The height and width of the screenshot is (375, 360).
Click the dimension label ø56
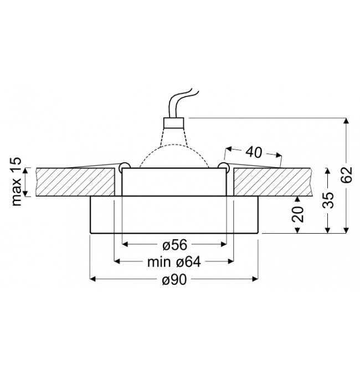[x=174, y=245]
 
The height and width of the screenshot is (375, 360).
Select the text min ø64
[x=174, y=262]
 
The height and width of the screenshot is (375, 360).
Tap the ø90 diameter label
[x=174, y=279]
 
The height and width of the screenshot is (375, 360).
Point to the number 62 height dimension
[x=346, y=174]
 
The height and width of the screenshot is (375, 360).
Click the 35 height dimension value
[x=328, y=200]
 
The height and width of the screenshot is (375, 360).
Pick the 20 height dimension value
[x=297, y=214]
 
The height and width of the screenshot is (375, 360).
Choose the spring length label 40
[x=254, y=152]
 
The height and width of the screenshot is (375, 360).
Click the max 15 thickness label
[x=17, y=182]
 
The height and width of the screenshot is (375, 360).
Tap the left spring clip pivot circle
[x=125, y=166]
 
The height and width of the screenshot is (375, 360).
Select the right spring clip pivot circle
[x=223, y=166]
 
